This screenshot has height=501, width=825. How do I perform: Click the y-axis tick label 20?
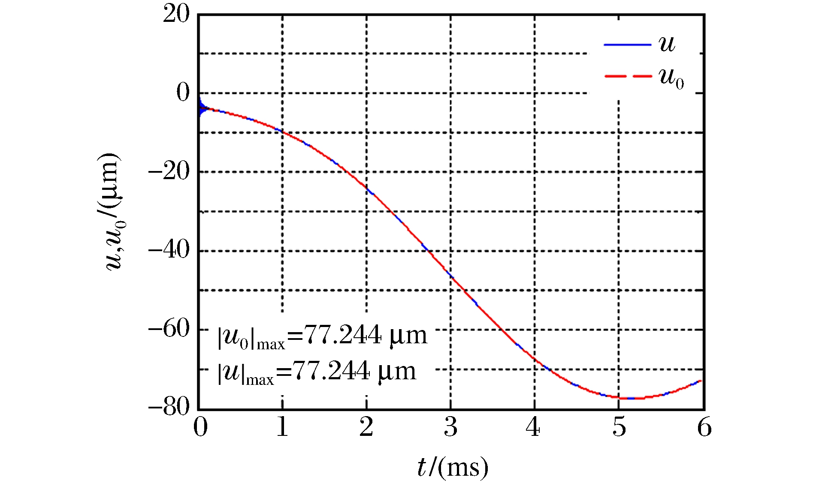176,14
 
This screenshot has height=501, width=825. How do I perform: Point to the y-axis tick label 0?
183,93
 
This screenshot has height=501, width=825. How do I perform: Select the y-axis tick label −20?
169,172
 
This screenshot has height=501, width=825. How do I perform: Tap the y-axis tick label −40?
169,250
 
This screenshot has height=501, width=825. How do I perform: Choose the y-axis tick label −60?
169,329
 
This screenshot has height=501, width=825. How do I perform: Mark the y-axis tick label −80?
169,407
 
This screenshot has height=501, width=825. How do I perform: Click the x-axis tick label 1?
282,427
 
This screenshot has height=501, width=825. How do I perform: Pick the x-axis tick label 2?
366,427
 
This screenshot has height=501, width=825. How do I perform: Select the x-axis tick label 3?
450,427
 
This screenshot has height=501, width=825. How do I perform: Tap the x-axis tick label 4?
533,427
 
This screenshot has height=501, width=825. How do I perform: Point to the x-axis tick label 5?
619,427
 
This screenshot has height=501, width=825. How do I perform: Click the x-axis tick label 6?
704,427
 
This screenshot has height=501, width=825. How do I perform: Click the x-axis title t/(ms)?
453,468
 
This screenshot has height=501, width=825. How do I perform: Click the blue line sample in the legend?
627,45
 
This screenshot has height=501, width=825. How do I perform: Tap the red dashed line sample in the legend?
627,76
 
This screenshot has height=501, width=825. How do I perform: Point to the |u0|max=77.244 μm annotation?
322,336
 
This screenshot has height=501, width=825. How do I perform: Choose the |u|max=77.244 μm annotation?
317,372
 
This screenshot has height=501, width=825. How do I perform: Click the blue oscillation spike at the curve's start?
200,107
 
